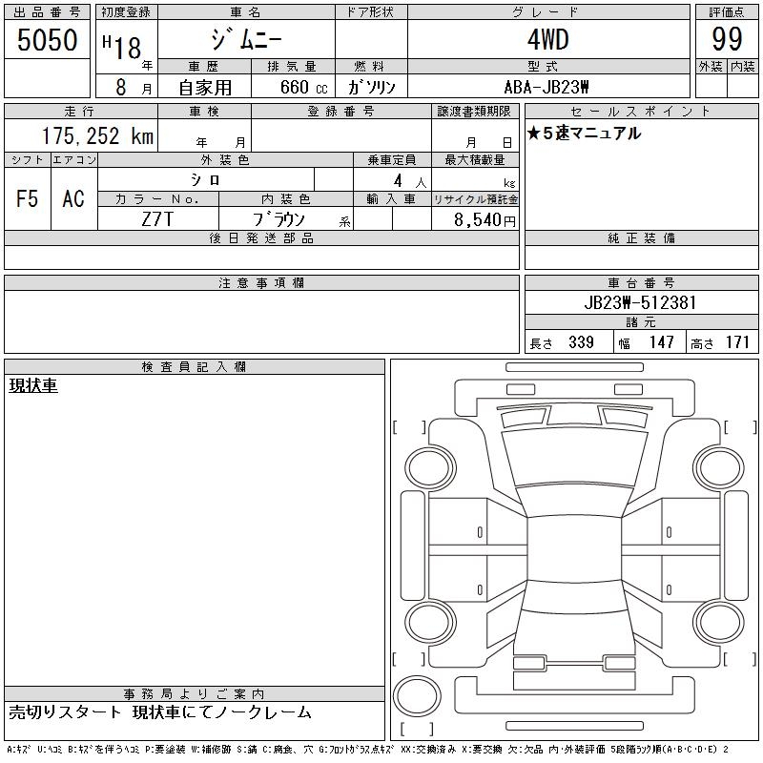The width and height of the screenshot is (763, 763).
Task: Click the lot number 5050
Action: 47,40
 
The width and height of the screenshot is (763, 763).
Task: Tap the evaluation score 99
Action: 727,39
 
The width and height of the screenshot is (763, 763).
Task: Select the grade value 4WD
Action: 547,39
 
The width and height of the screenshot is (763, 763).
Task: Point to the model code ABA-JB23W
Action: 546,87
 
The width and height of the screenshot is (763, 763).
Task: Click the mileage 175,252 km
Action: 97,135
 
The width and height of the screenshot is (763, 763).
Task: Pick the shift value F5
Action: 28,198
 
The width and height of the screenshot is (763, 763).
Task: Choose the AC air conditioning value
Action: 73,198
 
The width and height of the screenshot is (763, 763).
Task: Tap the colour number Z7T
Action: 157,219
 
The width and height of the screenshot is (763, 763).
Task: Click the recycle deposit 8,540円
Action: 485,220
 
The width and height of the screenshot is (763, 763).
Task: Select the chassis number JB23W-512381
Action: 640,302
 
